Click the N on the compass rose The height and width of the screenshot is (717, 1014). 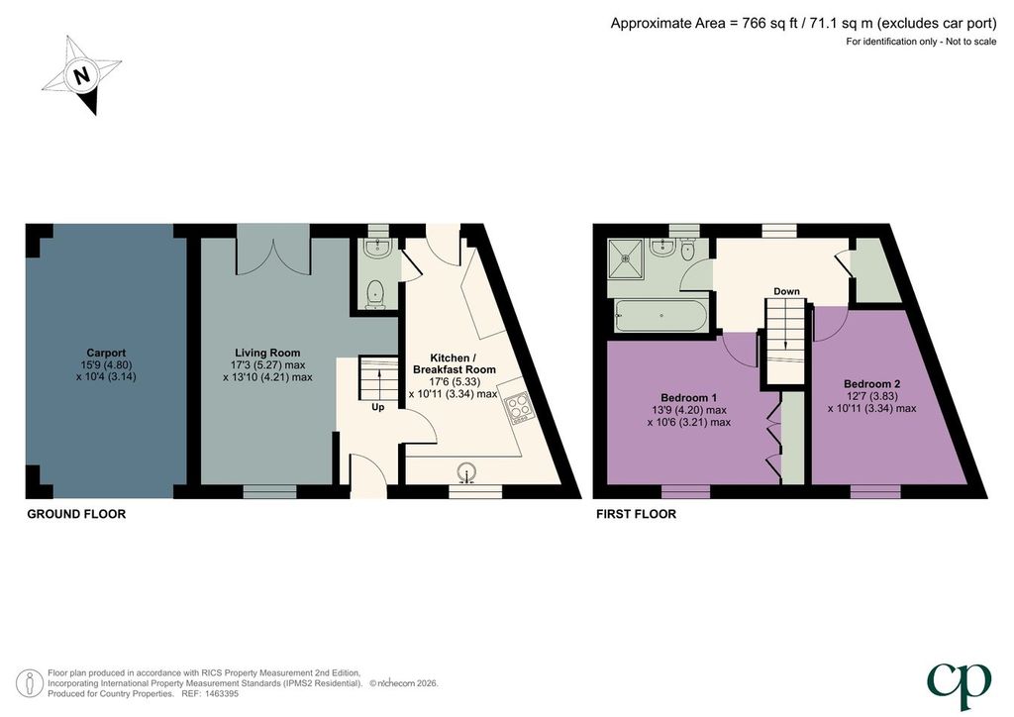[x=81, y=75]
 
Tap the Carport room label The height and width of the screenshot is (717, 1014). [x=106, y=353]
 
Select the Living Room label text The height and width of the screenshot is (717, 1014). [x=267, y=353]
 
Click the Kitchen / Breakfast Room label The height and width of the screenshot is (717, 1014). [x=454, y=364]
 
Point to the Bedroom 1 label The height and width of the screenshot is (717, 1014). [x=689, y=397]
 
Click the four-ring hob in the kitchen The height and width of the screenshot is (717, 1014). [x=518, y=409]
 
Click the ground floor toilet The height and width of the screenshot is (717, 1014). [x=374, y=295]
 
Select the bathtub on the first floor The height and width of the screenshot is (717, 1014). [x=659, y=316]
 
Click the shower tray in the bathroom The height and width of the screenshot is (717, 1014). [x=626, y=257]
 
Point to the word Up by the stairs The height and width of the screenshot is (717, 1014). [x=377, y=407]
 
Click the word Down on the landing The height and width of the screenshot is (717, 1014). [x=786, y=291]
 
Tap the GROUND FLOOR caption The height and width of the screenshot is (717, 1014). [x=76, y=515]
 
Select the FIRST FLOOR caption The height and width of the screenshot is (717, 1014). [x=637, y=515]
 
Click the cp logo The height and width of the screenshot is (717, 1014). [x=959, y=685]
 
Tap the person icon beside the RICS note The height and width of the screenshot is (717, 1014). [x=30, y=684]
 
